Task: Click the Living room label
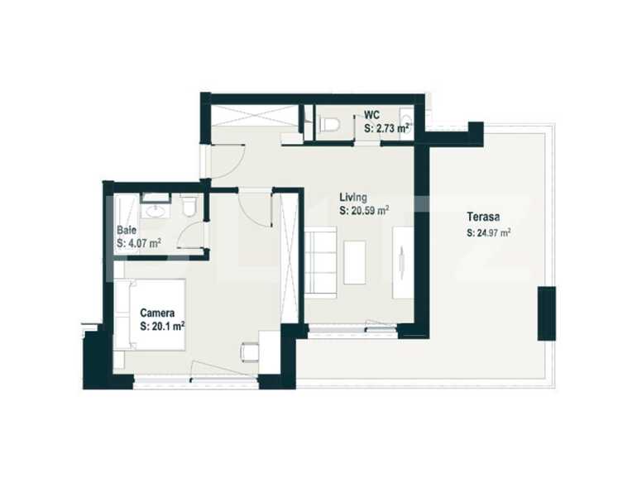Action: (353, 197)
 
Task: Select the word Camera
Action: (156, 313)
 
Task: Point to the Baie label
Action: (127, 229)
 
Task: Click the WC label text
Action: (372, 116)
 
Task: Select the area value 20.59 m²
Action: (364, 211)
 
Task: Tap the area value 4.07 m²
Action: (139, 243)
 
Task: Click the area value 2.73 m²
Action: (388, 128)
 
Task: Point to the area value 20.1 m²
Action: (161, 326)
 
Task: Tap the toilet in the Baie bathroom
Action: (189, 207)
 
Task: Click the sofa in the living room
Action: (321, 261)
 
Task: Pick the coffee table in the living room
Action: (354, 261)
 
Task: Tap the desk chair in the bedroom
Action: (249, 352)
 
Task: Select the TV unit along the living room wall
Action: (402, 261)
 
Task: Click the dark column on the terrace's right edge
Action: (546, 313)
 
